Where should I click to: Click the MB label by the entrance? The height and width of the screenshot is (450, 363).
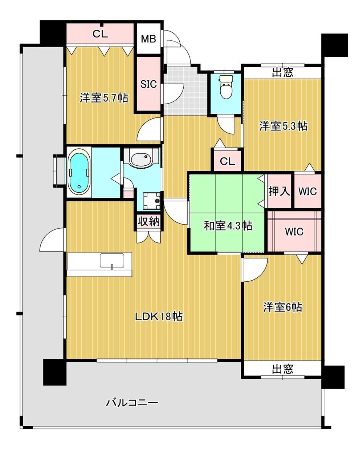tap(148, 39)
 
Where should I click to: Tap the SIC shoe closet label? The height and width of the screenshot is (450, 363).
tap(148, 84)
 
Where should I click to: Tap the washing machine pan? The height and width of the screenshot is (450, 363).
tap(152, 201)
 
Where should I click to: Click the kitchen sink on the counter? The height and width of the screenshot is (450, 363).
tap(112, 261)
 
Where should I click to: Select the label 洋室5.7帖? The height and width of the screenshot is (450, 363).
tap(104, 98)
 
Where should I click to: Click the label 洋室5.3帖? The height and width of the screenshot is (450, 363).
tap(283, 126)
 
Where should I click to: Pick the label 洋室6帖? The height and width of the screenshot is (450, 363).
tap(282, 307)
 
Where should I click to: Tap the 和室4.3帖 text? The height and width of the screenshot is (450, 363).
tap(228, 226)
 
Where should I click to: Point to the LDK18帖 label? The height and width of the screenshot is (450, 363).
tap(159, 316)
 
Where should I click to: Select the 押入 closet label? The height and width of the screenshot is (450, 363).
tap(279, 191)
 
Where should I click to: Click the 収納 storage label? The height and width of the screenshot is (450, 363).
tap(149, 222)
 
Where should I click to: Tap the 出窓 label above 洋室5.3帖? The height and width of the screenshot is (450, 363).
tap(282, 73)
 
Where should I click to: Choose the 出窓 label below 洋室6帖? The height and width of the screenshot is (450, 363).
tap(282, 369)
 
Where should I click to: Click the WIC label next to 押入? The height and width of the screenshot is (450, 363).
tap(307, 191)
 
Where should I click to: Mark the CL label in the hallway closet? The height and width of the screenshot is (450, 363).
tap(227, 162)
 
